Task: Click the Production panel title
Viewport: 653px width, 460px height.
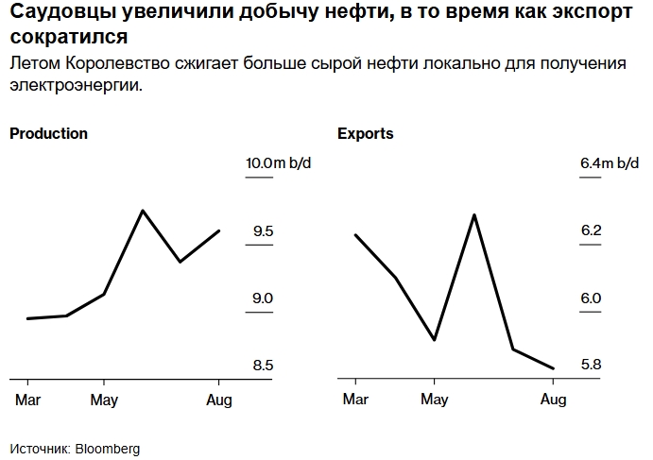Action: click(48, 134)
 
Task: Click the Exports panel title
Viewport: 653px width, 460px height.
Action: click(365, 134)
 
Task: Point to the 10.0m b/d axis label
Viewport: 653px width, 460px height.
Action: click(278, 163)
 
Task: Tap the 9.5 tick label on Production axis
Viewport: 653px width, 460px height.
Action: click(262, 231)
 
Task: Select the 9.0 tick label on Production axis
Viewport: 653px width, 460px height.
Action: click(262, 298)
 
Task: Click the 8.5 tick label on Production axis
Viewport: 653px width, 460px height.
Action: click(262, 366)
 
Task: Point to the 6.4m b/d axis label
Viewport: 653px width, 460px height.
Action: click(610, 163)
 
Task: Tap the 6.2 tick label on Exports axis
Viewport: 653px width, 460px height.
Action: click(591, 231)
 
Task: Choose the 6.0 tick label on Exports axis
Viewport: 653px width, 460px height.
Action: click(591, 298)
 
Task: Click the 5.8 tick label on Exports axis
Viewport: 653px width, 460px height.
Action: click(591, 366)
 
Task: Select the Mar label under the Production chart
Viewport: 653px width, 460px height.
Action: click(27, 400)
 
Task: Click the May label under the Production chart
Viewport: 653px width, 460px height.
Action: click(104, 400)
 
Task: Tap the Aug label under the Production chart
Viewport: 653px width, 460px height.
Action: click(219, 400)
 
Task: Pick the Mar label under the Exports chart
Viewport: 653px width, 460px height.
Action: click(355, 400)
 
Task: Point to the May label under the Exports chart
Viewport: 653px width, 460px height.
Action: click(434, 400)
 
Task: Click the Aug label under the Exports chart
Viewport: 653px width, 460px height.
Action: click(553, 400)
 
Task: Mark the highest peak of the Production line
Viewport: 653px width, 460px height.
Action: click(143, 211)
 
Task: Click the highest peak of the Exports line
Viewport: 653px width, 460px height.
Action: click(473, 214)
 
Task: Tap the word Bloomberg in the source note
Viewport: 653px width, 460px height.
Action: click(108, 449)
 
